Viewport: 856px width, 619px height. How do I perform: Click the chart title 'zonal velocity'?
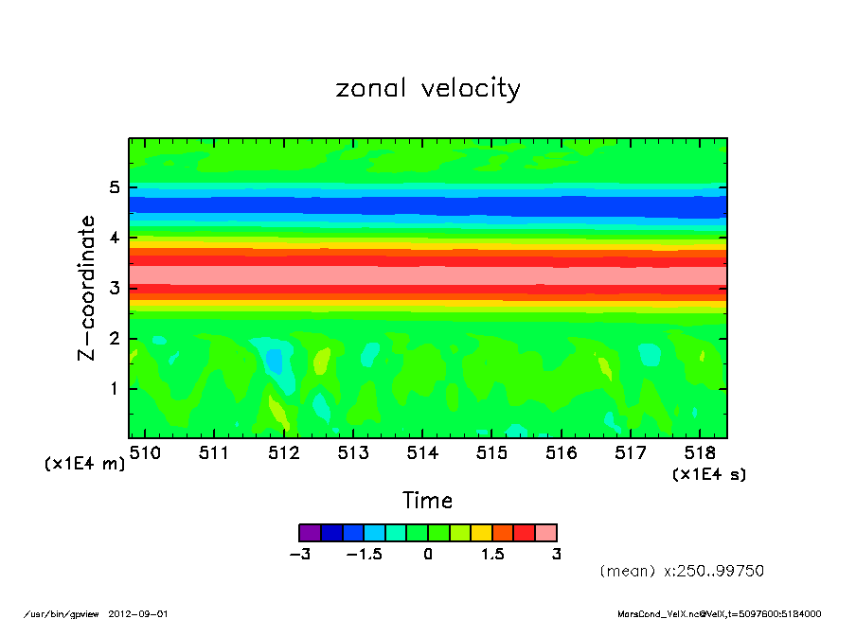[x=428, y=89]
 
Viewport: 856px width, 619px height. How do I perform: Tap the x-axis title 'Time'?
[x=427, y=501]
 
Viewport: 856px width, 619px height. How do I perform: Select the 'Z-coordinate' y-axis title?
[x=87, y=287]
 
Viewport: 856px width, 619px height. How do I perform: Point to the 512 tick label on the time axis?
[x=284, y=453]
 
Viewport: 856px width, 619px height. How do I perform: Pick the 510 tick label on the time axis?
[x=145, y=453]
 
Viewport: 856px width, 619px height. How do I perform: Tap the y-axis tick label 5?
[x=115, y=187]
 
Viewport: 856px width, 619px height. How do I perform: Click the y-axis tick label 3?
[x=115, y=288]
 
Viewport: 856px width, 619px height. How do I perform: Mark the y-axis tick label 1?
[x=115, y=388]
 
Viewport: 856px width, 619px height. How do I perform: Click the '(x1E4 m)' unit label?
[x=84, y=464]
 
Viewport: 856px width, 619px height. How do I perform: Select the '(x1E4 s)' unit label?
[x=708, y=474]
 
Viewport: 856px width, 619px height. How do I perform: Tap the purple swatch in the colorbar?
[x=310, y=533]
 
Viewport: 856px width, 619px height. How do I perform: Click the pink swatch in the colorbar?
[x=545, y=533]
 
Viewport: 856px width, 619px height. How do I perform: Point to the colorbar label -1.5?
[x=364, y=555]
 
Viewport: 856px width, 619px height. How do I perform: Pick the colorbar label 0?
[x=428, y=555]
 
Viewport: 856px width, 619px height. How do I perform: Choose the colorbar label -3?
[x=299, y=555]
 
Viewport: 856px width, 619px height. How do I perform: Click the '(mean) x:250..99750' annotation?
[x=682, y=572]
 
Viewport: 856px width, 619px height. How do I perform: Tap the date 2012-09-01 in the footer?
[x=146, y=612]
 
